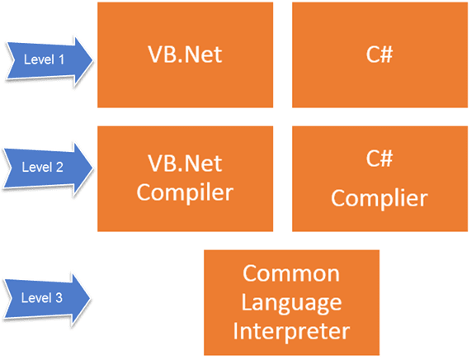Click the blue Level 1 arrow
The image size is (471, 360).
click(45, 59)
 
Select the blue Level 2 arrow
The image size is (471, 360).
click(45, 166)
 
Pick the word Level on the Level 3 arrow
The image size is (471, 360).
click(35, 295)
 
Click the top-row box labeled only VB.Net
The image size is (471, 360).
click(185, 54)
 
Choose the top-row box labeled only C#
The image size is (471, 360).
click(379, 54)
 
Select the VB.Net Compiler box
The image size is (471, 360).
click(185, 178)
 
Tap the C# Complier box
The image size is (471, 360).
click(379, 178)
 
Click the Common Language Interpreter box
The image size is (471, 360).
click(291, 302)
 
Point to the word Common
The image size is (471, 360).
click(291, 273)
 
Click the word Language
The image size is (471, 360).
click(291, 301)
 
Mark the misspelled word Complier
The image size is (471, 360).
click(379, 199)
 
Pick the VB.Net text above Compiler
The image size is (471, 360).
click(185, 163)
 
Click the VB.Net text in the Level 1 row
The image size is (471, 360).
click(185, 54)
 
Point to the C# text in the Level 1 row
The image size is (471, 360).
click(379, 54)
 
